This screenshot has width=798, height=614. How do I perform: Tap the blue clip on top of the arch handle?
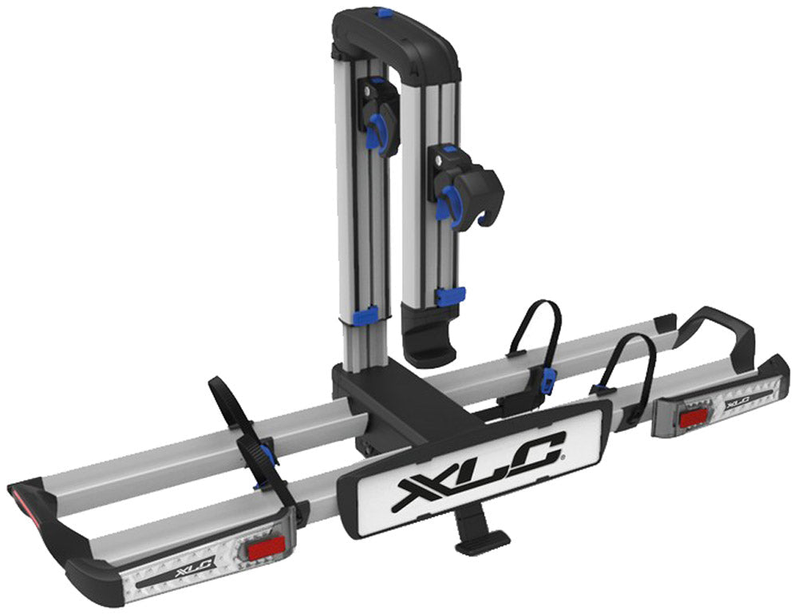385,14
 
